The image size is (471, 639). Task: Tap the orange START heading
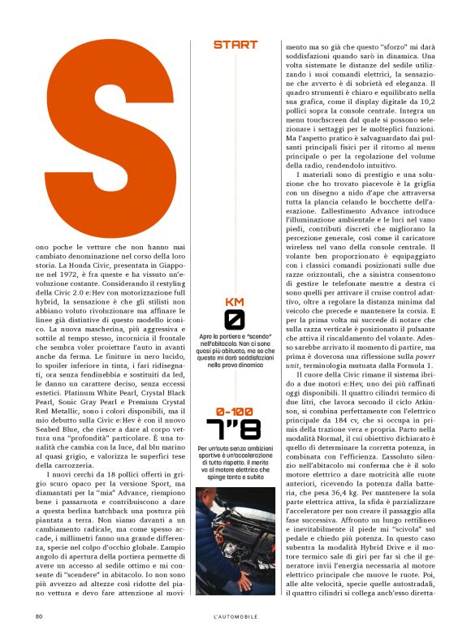[x=235, y=45]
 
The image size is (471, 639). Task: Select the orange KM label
[x=235, y=302]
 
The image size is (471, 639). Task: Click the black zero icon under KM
[x=235, y=319]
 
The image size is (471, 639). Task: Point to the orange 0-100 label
[x=235, y=412]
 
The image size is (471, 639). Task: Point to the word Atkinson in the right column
[x=431, y=382]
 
